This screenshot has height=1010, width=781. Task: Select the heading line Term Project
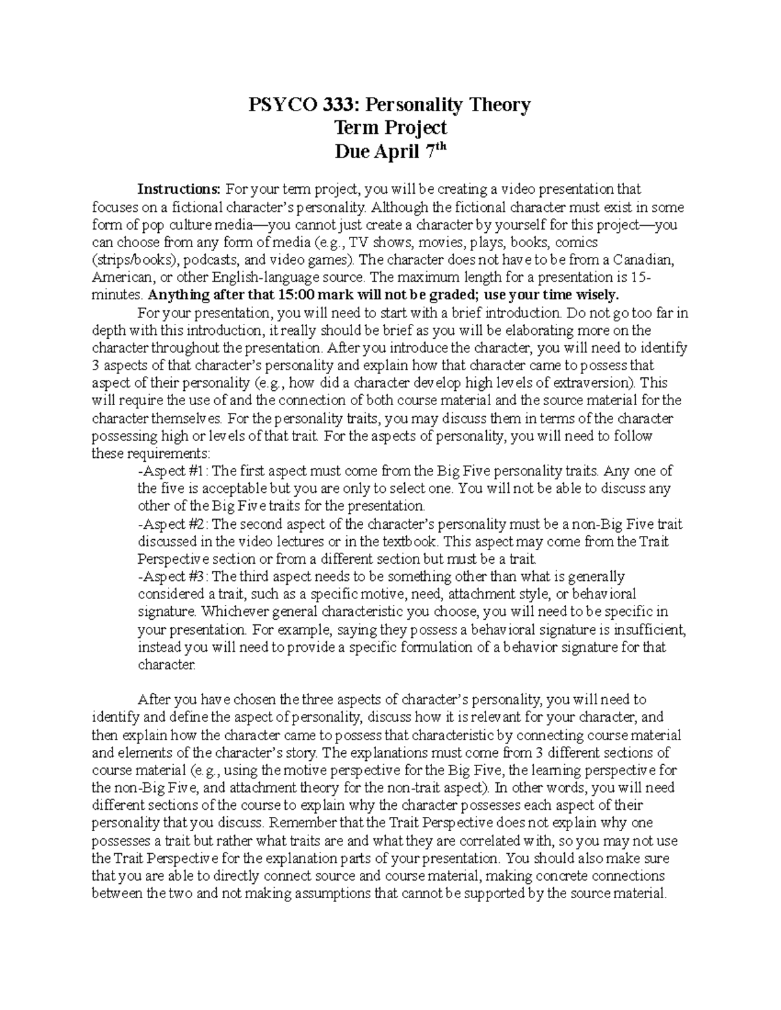(x=390, y=127)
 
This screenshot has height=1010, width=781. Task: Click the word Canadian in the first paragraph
(x=643, y=260)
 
